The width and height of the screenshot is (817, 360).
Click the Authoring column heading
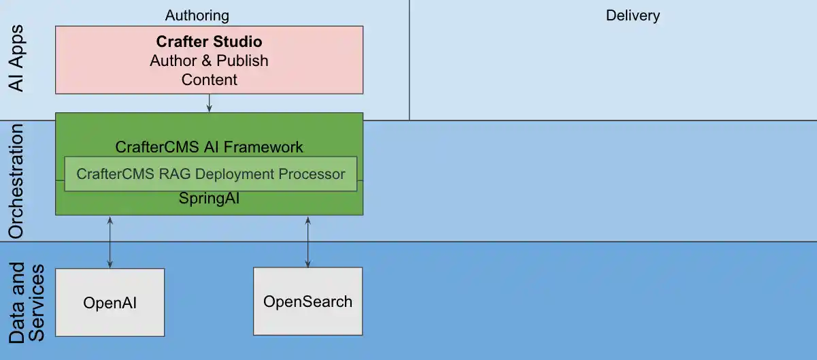coord(197,15)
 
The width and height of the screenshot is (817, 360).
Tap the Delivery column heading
coord(633,15)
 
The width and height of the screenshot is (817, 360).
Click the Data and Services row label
coord(27,303)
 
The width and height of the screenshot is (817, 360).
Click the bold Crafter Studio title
coord(209,42)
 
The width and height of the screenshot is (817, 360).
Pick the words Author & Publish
coord(209,61)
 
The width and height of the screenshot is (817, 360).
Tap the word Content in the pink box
coord(209,80)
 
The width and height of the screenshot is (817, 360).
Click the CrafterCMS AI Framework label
coord(209,147)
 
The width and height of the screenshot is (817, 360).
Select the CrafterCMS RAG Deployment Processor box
coord(210,174)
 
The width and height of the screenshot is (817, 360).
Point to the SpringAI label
coord(209,199)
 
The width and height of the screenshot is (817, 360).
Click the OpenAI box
coord(110,302)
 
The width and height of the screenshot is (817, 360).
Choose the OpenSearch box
coord(307,301)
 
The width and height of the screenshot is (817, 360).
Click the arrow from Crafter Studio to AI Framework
coord(209,103)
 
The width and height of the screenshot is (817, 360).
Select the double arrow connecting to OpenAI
coord(110,242)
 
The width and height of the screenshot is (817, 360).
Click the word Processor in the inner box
coord(312,174)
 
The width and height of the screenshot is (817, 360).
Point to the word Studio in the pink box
coord(239,42)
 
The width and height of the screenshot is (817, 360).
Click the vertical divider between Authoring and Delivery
coord(409,60)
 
